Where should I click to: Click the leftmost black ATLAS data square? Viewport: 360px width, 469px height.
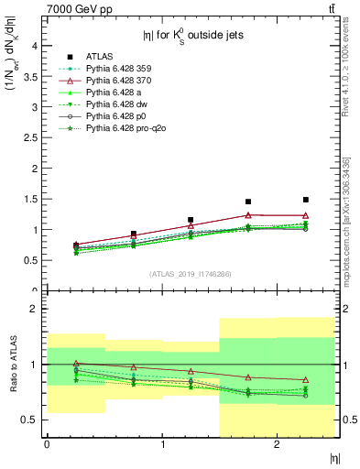click(76, 245)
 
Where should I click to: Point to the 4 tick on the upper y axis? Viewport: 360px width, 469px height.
click(36, 46)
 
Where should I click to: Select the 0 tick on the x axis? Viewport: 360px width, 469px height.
click(47, 444)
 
